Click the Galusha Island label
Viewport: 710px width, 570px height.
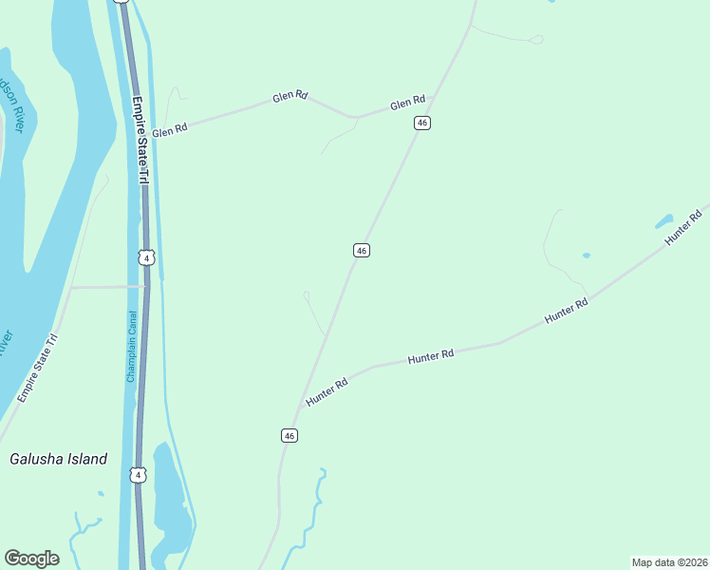tap(58, 459)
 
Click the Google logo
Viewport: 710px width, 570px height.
tap(31, 559)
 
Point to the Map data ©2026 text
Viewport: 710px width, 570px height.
tap(669, 562)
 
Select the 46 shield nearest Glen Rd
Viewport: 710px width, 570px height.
tap(422, 123)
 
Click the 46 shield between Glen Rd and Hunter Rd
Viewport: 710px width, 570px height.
tap(361, 250)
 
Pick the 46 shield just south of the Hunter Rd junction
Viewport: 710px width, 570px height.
tap(290, 435)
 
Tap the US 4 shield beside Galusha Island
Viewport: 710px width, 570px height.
tap(139, 474)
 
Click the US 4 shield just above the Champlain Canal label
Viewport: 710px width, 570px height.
tap(144, 257)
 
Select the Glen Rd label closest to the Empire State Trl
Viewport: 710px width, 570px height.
tap(169, 131)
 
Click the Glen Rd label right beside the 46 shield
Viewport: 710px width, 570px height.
tap(406, 103)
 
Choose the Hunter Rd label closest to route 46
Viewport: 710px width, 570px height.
tap(327, 392)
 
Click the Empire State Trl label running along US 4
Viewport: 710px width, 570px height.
tap(141, 140)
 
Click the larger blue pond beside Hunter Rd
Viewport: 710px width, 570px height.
tap(664, 221)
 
